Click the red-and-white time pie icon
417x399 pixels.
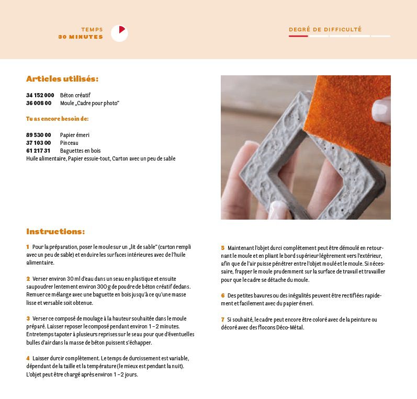pyautogui.click(x=119, y=33)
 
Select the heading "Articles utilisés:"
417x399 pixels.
pyautogui.click(x=62, y=79)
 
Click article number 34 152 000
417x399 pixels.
pyautogui.click(x=40, y=95)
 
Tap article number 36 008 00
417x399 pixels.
pyautogui.click(x=39, y=103)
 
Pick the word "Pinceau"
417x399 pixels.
pyautogui.click(x=69, y=143)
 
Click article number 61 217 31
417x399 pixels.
pyautogui.click(x=39, y=151)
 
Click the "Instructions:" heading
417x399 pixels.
pyautogui.click(x=55, y=231)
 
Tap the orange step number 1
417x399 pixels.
pyautogui.click(x=28, y=246)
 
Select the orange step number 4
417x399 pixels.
pyautogui.click(x=28, y=358)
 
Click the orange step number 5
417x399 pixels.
pyautogui.click(x=222, y=248)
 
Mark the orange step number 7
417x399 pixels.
pyautogui.click(x=222, y=320)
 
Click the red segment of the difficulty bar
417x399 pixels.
pyautogui.click(x=298, y=36)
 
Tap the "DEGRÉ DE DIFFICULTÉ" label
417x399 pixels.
pyautogui.click(x=325, y=30)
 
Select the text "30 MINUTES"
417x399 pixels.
pyautogui.click(x=81, y=37)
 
